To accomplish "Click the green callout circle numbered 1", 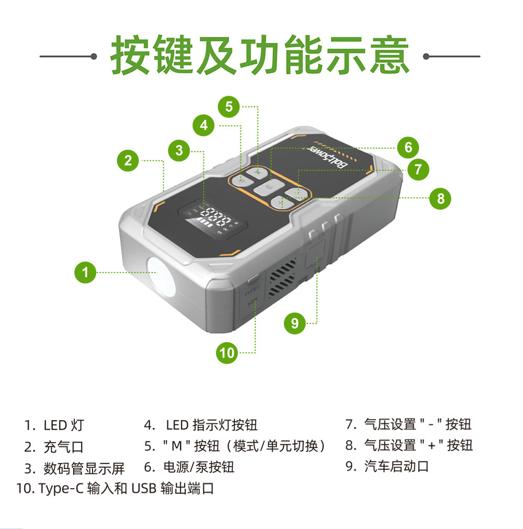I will pyautogui.click(x=85, y=272).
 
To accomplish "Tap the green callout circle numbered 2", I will pyautogui.click(x=128, y=161).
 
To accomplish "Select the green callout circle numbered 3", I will pyautogui.click(x=179, y=151).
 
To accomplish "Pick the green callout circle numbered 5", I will pyautogui.click(x=229, y=107).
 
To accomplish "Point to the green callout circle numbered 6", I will pyautogui.click(x=408, y=148).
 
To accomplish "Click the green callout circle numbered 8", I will pyautogui.click(x=440, y=198).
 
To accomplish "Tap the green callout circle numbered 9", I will pyautogui.click(x=295, y=323).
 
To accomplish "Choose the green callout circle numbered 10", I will pyautogui.click(x=228, y=353).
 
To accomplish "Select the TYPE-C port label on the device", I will pyautogui.click(x=252, y=288).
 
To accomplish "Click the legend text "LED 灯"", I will pyautogui.click(x=63, y=425).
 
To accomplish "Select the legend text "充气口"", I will pyautogui.click(x=63, y=447).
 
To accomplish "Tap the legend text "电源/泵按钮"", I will pyautogui.click(x=199, y=467).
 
